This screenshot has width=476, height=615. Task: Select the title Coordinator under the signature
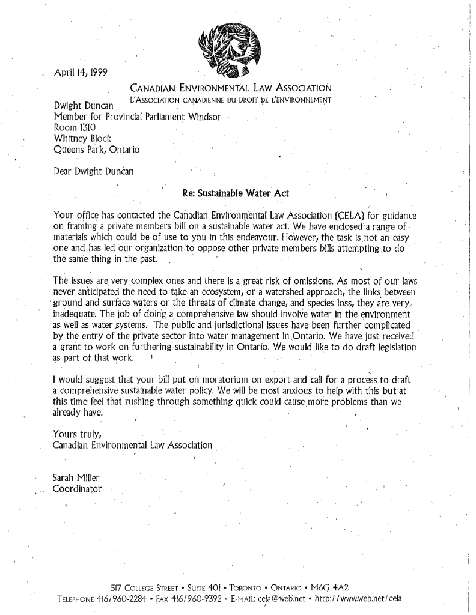pyautogui.click(x=78, y=489)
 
